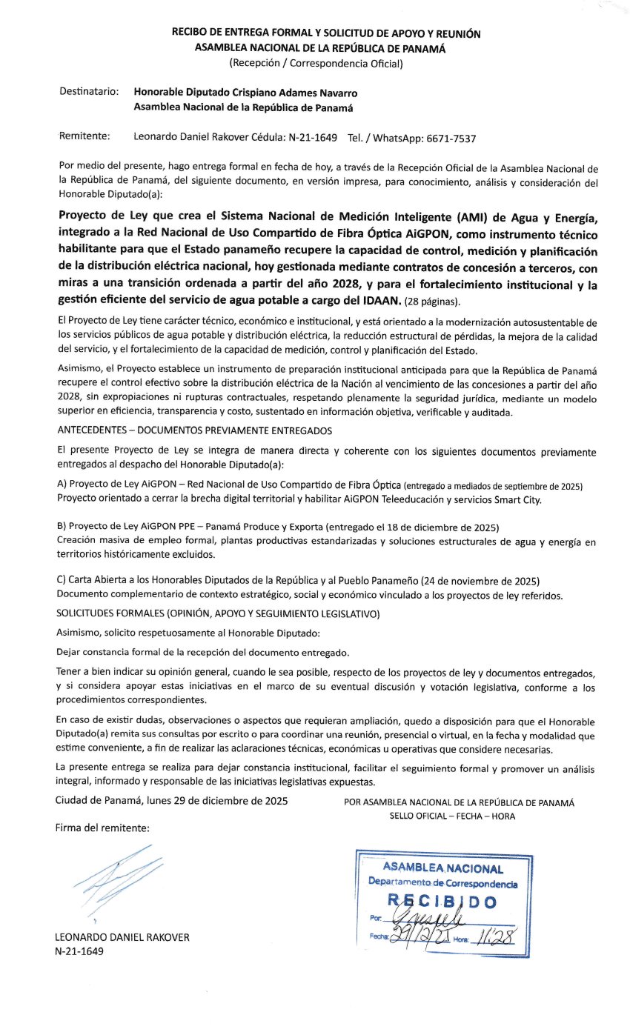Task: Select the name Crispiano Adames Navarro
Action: click(x=294, y=93)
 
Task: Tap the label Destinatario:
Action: click(x=89, y=93)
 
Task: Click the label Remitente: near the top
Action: click(x=84, y=137)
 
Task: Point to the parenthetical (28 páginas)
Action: click(x=432, y=301)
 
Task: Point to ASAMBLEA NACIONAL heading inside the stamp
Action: click(x=442, y=868)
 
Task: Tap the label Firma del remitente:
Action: click(x=102, y=828)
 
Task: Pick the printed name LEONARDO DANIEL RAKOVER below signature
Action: click(x=122, y=937)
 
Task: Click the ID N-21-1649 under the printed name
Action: click(x=79, y=951)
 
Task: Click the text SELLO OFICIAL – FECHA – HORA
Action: click(x=452, y=816)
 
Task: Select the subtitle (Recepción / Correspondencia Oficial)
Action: click(x=316, y=64)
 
